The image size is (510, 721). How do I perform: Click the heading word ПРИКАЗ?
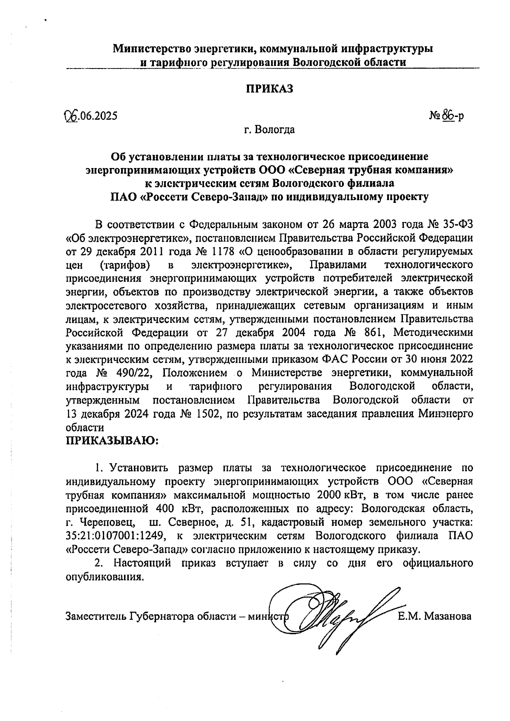269,89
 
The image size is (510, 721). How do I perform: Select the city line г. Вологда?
269,129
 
